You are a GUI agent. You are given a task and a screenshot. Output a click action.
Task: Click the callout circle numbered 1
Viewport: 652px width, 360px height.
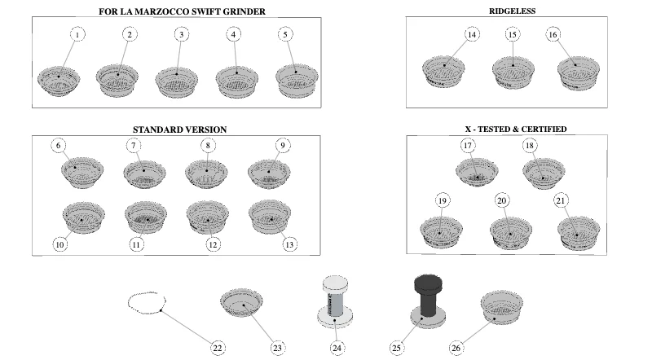click(x=77, y=34)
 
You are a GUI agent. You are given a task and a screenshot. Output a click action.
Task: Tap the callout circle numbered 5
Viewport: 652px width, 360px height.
click(x=285, y=34)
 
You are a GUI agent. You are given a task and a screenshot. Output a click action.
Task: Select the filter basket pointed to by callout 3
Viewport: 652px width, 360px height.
click(x=176, y=81)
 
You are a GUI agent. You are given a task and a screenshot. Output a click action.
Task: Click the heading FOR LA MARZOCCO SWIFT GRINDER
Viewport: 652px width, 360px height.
click(x=182, y=11)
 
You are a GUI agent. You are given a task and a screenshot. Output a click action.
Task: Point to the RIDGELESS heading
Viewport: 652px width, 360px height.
click(x=512, y=11)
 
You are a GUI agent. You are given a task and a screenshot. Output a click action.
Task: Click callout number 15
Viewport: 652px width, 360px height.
click(x=513, y=34)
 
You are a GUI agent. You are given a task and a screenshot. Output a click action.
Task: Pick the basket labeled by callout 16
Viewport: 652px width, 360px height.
click(x=579, y=73)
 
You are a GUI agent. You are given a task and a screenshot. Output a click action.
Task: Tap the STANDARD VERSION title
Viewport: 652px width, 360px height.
click(x=179, y=130)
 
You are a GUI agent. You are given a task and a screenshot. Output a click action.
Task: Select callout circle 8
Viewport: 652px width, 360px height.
click(x=208, y=146)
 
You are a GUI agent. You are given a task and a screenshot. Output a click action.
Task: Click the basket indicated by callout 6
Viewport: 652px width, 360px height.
click(x=82, y=172)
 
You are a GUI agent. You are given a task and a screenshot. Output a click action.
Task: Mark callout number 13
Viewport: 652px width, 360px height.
click(x=289, y=244)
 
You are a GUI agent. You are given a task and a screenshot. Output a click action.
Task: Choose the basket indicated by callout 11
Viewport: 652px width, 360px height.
click(x=146, y=217)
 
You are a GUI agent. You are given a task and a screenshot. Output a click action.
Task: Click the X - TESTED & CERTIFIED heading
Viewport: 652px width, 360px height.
click(x=516, y=130)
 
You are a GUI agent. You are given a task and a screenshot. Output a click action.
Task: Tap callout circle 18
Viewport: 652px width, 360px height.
click(x=529, y=146)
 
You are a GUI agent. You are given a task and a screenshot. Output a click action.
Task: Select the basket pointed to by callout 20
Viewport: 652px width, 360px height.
click(x=511, y=233)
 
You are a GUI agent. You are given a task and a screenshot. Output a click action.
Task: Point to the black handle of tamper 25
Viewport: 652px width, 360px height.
click(x=429, y=296)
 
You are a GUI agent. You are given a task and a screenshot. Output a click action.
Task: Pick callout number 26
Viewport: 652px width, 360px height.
click(x=456, y=348)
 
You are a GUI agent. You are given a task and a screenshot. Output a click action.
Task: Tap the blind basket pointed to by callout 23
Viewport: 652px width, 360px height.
click(x=241, y=303)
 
